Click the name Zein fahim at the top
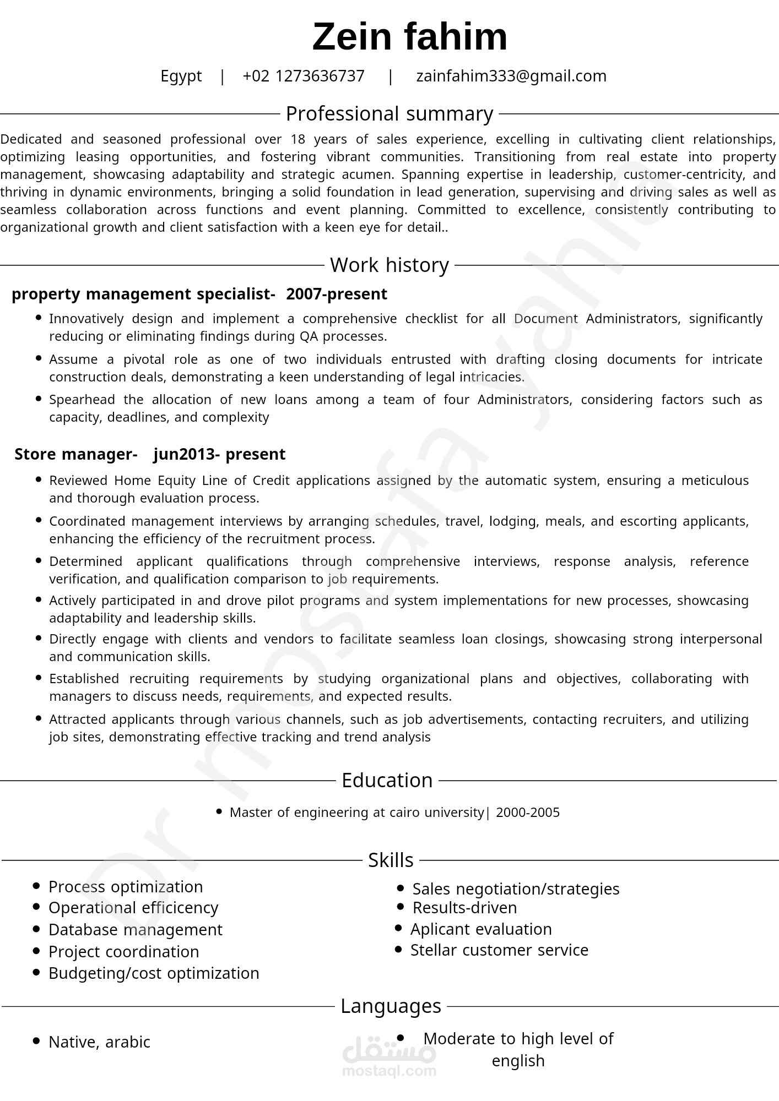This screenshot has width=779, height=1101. tap(409, 37)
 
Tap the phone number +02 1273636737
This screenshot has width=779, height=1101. tap(304, 76)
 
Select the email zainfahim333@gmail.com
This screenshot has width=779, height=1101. tap(511, 76)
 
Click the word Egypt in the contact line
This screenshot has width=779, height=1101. tap(181, 76)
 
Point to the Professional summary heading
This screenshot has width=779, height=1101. tap(389, 114)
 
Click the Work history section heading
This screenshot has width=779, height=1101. tap(389, 265)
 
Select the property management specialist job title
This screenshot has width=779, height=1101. tap(143, 294)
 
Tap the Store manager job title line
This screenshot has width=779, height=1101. tap(150, 454)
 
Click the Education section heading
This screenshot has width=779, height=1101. tap(387, 781)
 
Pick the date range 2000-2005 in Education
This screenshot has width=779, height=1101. tap(528, 813)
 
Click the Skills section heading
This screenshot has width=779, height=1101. tap(390, 860)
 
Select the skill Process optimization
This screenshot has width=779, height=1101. tap(126, 887)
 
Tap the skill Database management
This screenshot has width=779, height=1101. tap(136, 930)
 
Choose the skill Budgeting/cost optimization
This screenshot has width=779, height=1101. tap(154, 973)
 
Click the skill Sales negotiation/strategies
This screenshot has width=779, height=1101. tap(516, 889)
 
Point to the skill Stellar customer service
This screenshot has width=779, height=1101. tap(499, 950)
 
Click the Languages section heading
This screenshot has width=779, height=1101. tap(390, 1006)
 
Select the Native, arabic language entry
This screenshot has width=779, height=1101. tap(99, 1042)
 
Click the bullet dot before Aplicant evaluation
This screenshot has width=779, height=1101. tap(398, 928)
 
